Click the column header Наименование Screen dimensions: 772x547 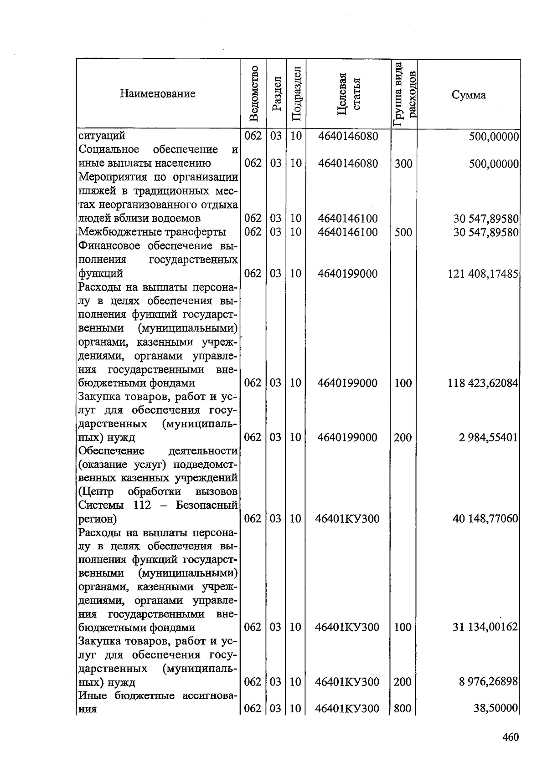click(x=158, y=94)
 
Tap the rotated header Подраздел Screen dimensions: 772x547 click(x=296, y=93)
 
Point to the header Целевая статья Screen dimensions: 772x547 click(x=348, y=94)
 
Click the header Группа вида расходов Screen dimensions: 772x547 click(x=404, y=93)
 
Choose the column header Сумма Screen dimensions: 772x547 click(x=469, y=95)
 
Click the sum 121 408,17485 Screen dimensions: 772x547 click(x=483, y=274)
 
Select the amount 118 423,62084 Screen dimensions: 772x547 click(x=483, y=383)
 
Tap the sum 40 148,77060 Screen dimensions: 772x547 click(x=485, y=519)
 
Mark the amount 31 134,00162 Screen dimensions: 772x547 click(x=485, y=627)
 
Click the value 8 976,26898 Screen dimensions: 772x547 click(x=488, y=682)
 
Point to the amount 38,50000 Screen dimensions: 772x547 click(x=496, y=708)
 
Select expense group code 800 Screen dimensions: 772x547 click(x=403, y=709)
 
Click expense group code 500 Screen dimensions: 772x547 click(x=403, y=232)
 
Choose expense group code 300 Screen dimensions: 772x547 click(x=403, y=164)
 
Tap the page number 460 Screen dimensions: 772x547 click(x=511, y=737)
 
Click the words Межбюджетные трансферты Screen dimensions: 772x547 click(x=152, y=232)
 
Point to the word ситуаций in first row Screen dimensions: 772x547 click(x=102, y=136)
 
